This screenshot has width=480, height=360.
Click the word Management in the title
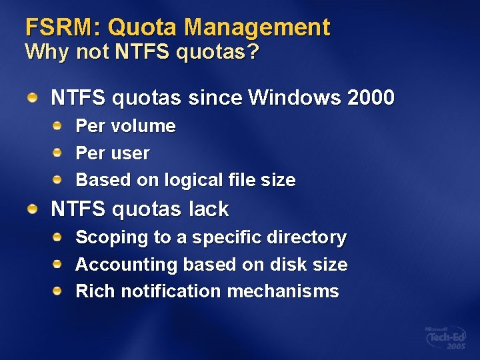(257, 27)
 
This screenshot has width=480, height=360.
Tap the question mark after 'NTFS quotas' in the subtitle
(253, 52)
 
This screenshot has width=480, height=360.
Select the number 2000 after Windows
(371, 98)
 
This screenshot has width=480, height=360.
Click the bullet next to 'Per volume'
(59, 125)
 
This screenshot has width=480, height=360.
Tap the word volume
(143, 126)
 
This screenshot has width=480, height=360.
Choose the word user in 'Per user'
(131, 153)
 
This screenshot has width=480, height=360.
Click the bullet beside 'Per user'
(59, 152)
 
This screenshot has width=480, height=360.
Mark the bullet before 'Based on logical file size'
(59, 179)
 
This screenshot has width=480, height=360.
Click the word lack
(209, 209)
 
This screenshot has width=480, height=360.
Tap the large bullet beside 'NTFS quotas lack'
(33, 209)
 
